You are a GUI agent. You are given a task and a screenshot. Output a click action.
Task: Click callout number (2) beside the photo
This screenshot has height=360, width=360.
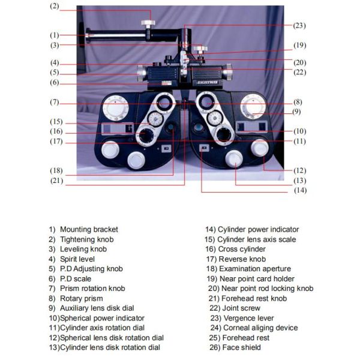[54, 7]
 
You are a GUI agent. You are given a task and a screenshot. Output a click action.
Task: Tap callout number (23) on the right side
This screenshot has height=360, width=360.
[299, 26]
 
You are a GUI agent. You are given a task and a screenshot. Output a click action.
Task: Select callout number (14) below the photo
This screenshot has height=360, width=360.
[299, 190]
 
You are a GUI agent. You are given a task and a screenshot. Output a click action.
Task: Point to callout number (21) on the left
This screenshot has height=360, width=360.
[57, 181]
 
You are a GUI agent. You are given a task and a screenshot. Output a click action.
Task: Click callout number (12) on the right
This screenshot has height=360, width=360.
[299, 170]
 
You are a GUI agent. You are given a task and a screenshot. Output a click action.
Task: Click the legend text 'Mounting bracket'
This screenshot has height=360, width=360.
[89, 229]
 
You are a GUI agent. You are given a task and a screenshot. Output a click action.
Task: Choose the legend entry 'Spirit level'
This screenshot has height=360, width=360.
[80, 259]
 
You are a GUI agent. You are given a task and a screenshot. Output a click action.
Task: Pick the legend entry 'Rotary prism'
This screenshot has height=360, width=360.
[82, 298]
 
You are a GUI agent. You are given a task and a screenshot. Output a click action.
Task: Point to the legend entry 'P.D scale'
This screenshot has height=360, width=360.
[76, 279]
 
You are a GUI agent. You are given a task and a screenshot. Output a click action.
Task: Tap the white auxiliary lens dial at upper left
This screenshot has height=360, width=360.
[112, 109]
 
